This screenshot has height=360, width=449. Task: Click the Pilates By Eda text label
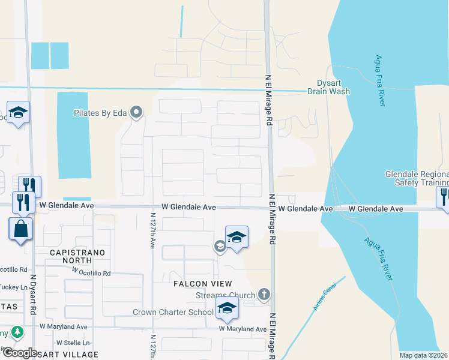point(101,112)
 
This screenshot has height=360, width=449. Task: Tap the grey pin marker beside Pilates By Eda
point(137,112)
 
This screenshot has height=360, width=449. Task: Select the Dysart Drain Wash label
point(328,88)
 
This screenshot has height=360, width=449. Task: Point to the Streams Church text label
point(225,295)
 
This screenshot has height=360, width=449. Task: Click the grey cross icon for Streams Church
point(264,295)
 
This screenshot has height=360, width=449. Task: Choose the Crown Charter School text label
point(173,312)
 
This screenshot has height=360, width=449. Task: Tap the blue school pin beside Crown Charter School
point(227,308)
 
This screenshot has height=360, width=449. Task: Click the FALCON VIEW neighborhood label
point(203,283)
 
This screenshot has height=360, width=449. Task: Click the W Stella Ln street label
point(73,343)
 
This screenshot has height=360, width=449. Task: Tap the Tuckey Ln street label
point(13,287)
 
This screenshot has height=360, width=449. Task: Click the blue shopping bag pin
point(20,229)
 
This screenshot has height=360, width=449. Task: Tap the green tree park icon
point(18,332)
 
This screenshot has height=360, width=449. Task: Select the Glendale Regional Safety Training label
point(417,178)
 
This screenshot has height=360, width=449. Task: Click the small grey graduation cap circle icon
point(220,245)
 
